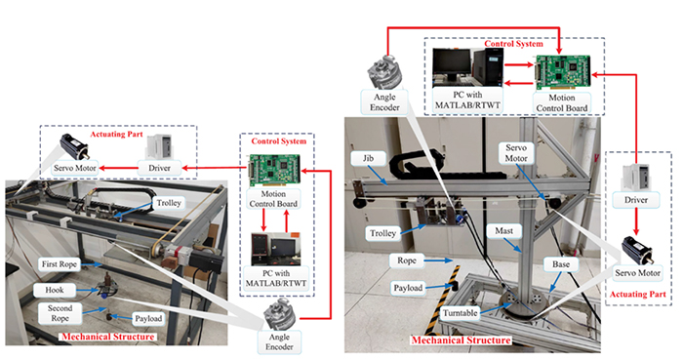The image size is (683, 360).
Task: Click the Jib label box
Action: (369, 158)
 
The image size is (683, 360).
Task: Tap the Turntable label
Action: (460, 313)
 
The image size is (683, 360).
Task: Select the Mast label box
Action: (504, 231)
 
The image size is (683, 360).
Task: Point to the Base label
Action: (561, 264)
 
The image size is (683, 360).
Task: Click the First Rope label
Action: (60, 264)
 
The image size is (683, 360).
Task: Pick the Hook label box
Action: (55, 290)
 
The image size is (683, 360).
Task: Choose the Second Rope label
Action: (60, 313)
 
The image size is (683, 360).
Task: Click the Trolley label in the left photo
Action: (169, 203)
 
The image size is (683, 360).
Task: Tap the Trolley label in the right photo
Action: (382, 233)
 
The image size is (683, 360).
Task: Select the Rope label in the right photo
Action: (407, 260)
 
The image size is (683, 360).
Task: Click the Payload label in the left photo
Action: (148, 319)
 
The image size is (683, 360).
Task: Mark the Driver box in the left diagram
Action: (159, 168)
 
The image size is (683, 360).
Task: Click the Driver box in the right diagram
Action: (636, 200)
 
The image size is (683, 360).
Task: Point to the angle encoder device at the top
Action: (382, 71)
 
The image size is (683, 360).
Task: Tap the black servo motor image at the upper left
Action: (75, 146)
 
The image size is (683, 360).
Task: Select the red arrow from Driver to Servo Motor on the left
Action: (118, 168)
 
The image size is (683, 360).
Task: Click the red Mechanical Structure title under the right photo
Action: (462, 340)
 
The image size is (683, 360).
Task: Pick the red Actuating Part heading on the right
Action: (638, 295)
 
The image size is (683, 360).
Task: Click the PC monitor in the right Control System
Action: (452, 64)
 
